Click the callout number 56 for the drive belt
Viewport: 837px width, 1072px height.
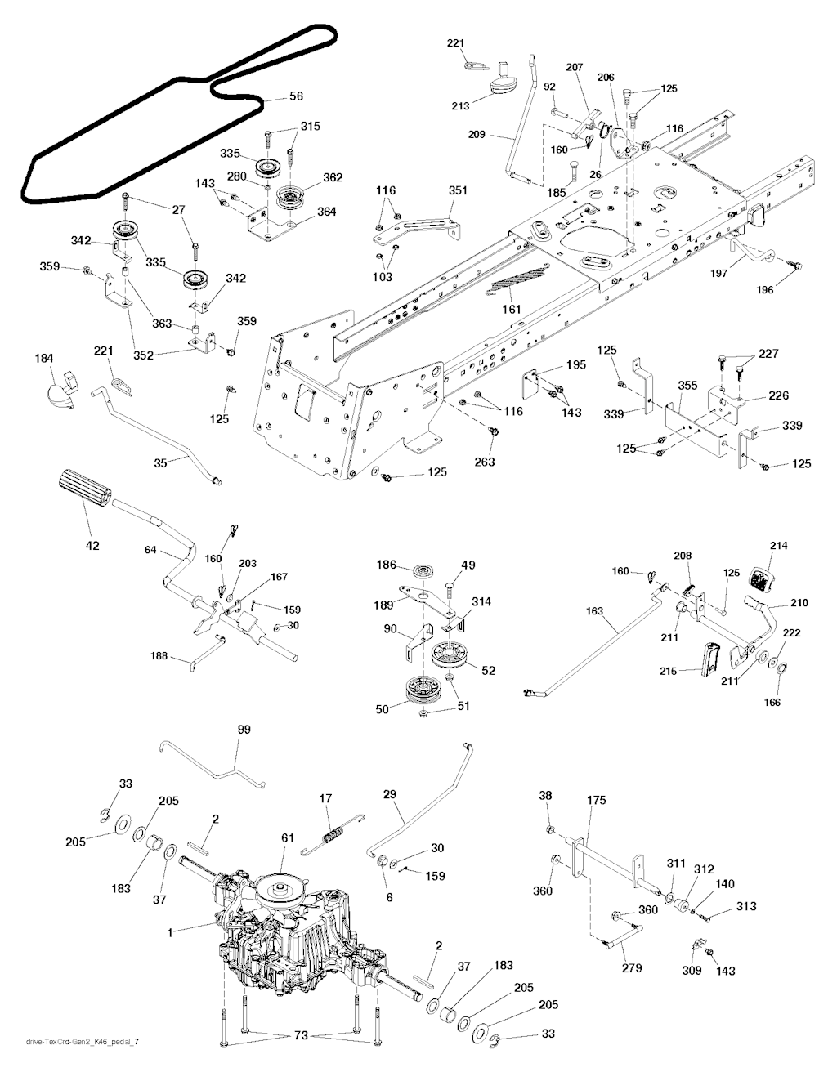click(x=296, y=96)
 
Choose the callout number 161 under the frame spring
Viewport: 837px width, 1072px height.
click(x=511, y=310)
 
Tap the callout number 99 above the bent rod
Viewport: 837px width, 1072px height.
click(x=244, y=730)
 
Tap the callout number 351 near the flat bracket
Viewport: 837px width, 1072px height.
click(x=458, y=190)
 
